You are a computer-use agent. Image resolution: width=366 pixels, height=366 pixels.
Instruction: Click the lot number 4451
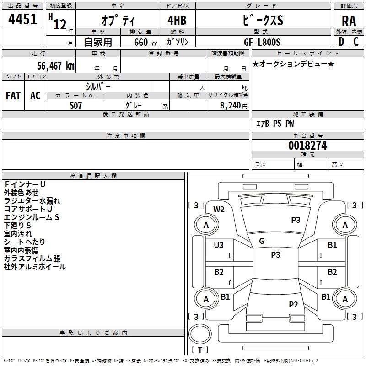tap(22, 19)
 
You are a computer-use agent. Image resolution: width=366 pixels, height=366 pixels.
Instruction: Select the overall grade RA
tap(349, 21)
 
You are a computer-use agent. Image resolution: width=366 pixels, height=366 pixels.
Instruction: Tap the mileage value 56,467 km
tap(55, 65)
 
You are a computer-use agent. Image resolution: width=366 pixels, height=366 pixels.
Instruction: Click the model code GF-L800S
tap(262, 42)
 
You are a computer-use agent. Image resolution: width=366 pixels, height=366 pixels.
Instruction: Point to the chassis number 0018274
tap(307, 145)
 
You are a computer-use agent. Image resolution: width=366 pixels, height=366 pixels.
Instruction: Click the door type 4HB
tap(177, 20)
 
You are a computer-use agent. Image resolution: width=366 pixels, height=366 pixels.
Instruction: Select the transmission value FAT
tap(13, 96)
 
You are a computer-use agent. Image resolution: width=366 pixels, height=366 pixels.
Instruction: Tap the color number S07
tap(75, 106)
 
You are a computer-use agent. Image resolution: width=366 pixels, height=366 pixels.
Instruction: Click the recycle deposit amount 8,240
tap(230, 106)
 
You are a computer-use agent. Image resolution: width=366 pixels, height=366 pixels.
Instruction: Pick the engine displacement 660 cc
tap(145, 43)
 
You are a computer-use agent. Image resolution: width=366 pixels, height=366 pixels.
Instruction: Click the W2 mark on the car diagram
tap(219, 210)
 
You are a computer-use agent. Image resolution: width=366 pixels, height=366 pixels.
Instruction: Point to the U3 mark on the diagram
tap(219, 245)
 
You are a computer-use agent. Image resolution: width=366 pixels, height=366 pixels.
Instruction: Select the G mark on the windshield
tap(262, 241)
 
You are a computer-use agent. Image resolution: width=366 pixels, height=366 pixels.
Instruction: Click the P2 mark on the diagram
tap(293, 304)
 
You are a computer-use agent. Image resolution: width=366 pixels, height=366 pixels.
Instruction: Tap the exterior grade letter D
tap(341, 42)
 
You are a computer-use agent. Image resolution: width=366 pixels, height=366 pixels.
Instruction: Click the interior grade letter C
tap(356, 42)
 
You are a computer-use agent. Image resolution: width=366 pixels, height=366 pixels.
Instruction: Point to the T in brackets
tap(200, 350)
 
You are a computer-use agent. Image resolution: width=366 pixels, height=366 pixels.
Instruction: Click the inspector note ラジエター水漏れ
tap(32, 201)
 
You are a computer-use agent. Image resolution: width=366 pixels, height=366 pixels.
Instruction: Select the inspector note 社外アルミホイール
tap(35, 267)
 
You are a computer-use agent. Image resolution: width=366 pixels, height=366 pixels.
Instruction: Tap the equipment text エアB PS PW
tap(275, 124)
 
